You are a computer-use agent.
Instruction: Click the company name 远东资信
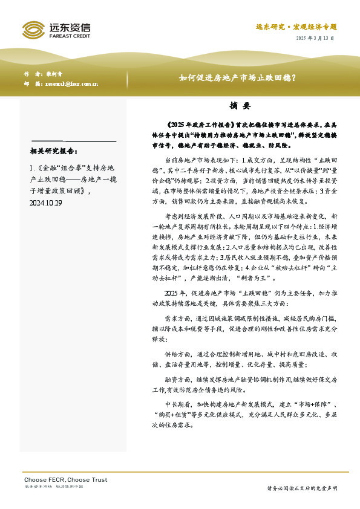(x=70, y=27)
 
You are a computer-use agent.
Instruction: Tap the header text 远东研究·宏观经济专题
(x=295, y=27)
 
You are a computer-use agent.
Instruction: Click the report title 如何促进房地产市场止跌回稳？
(x=237, y=77)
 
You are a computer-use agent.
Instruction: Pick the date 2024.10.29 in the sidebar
(x=46, y=204)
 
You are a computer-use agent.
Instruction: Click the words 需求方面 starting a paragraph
(x=177, y=318)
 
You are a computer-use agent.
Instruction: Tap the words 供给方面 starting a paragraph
(x=177, y=352)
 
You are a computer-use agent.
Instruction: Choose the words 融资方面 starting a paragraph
(x=177, y=380)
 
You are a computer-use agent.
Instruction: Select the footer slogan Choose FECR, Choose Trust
(x=65, y=479)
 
